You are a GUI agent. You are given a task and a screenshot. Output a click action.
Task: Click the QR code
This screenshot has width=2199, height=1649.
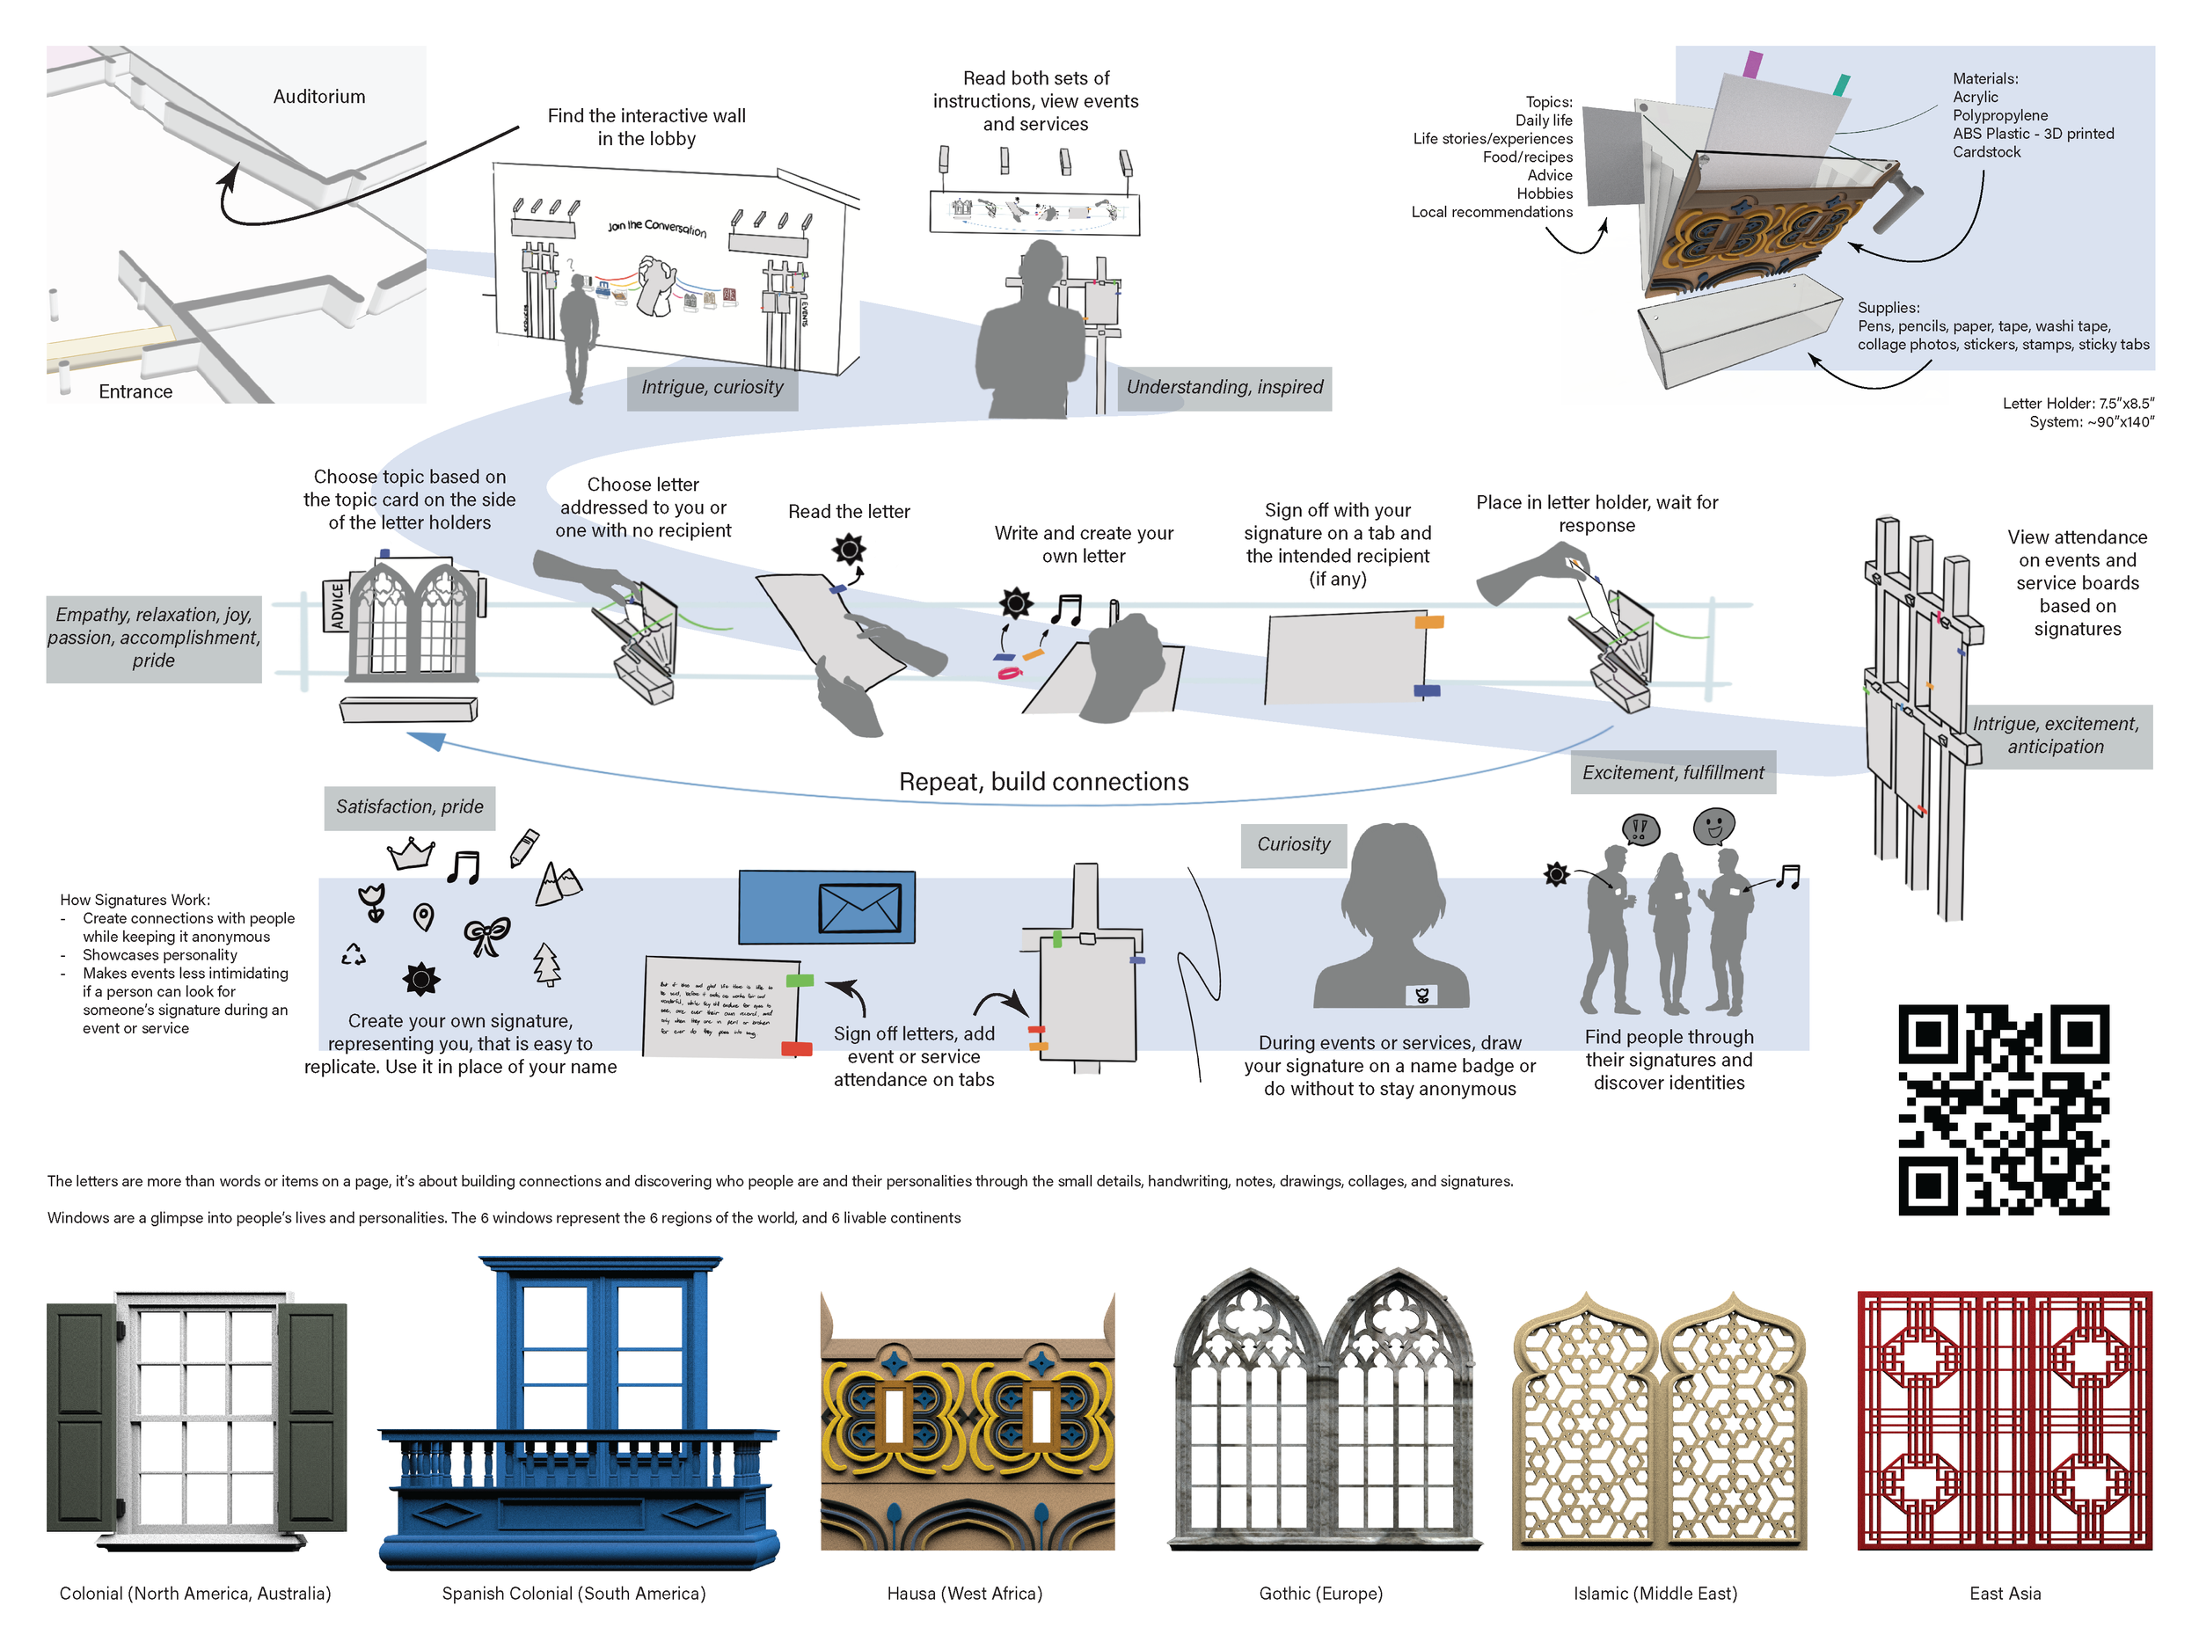2003,1109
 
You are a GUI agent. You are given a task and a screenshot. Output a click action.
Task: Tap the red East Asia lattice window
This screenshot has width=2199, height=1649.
2004,1420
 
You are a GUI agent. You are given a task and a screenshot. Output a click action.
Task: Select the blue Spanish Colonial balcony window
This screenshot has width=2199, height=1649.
579,1412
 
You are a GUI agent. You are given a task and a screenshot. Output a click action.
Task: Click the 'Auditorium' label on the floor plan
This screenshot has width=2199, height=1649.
319,97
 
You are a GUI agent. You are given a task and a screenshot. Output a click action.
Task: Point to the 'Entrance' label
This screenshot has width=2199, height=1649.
135,391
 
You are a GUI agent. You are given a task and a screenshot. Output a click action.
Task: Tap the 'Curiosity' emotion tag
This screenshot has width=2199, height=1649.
1292,845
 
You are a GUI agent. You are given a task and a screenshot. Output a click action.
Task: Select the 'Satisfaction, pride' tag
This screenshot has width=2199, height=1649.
410,807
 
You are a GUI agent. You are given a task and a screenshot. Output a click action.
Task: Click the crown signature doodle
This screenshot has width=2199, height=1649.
412,853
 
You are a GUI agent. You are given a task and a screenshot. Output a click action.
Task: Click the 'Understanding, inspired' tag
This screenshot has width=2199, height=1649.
1224,388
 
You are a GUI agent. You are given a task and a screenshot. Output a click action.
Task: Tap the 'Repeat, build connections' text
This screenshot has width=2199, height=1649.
1043,782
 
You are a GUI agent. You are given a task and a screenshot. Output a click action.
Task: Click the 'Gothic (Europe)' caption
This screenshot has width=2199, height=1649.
1320,1594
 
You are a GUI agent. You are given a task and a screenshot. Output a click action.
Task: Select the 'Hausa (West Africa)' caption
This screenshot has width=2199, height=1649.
964,1594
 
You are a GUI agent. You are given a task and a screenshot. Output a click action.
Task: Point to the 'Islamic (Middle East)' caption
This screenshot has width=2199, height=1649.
1655,1594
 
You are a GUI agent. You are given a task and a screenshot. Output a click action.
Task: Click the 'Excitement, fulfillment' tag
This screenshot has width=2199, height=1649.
1672,773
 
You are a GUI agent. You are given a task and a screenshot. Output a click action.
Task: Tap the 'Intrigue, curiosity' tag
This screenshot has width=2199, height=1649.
712,388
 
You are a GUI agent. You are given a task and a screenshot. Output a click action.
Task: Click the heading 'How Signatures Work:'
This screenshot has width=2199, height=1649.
135,900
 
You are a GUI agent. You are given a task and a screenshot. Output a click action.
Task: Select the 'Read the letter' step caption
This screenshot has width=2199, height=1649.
849,512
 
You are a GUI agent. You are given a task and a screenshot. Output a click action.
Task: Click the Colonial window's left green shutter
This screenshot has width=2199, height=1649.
82,1417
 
